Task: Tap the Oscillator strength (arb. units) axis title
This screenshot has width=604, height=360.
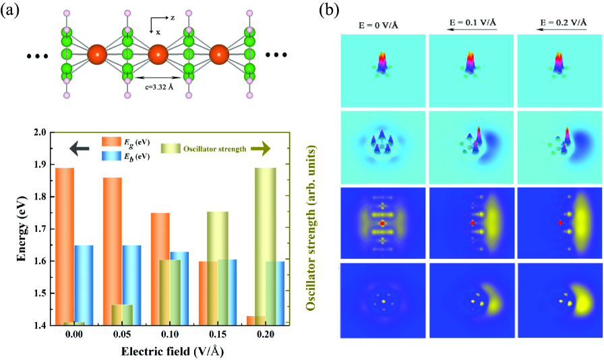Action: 311,229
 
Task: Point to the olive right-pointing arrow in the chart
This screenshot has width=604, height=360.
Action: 266,146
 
